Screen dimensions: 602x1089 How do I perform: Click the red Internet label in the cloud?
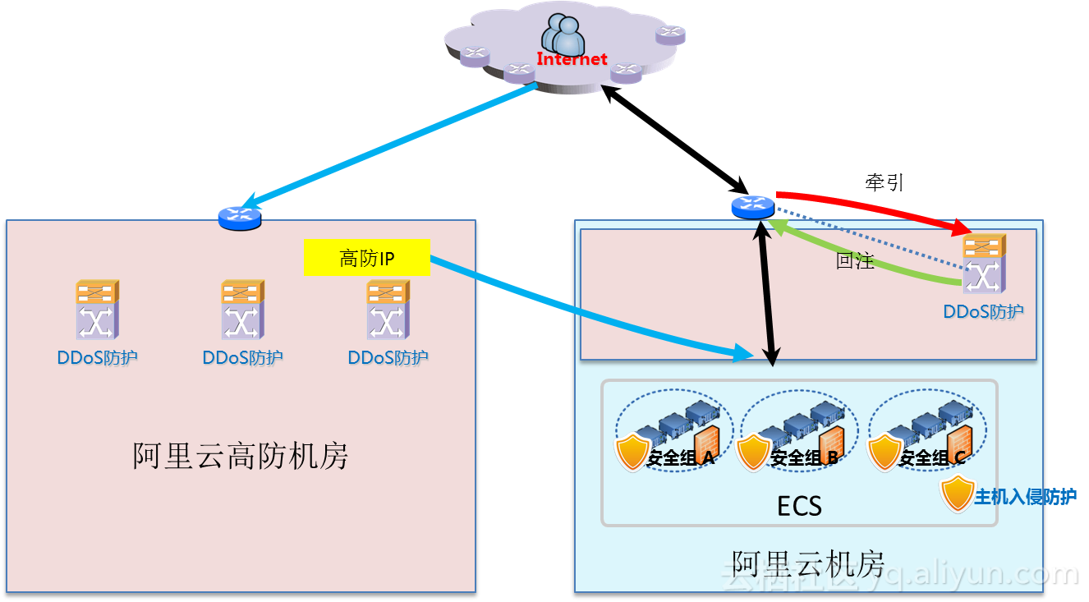[572, 59]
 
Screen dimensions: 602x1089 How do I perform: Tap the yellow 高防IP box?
[367, 258]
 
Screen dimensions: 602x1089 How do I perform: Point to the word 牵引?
[885, 182]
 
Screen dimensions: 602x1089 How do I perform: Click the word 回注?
[854, 262]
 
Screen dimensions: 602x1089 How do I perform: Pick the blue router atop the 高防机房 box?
[240, 217]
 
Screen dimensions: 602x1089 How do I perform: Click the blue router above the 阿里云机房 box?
[752, 207]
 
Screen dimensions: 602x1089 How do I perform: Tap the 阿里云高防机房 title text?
[241, 456]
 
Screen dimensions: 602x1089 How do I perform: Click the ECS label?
[799, 506]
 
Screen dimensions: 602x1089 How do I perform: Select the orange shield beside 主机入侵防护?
[957, 494]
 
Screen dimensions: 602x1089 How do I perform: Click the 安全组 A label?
[681, 458]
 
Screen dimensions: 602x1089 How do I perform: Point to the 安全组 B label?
[804, 458]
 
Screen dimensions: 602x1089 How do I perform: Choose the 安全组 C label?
[932, 458]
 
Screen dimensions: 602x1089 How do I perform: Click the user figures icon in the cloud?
[564, 34]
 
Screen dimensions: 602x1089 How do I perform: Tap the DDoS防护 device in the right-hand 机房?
[984, 264]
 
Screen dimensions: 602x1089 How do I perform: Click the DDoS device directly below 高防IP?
[388, 310]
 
